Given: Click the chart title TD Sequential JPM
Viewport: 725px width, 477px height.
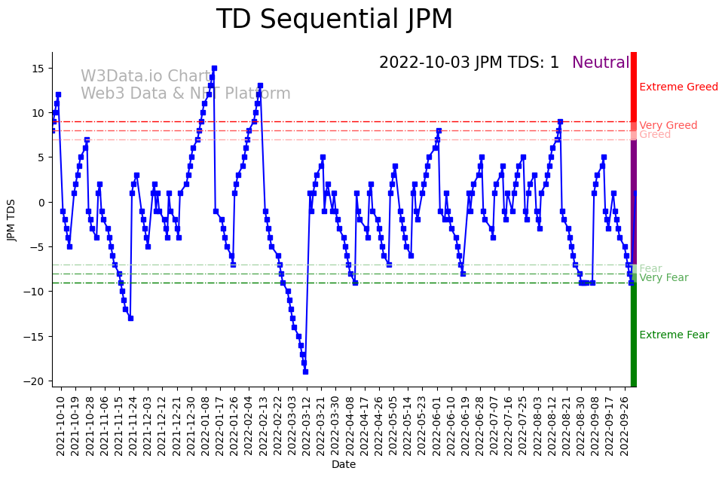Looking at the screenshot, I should pos(335,20).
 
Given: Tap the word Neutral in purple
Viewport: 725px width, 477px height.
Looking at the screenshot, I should pos(601,63).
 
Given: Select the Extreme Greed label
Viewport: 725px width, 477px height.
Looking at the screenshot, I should pos(678,87).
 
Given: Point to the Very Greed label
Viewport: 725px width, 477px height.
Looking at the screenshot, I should pos(668,126).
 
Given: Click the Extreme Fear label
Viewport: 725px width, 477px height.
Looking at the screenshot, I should pos(674,335).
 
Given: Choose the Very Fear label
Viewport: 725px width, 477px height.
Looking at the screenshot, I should pos(663,278).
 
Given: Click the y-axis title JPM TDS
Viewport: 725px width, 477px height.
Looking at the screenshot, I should pos(11,219).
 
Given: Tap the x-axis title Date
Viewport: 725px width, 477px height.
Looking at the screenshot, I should pos(343,465).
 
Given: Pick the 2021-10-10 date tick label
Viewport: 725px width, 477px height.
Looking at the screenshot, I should pos(61,425).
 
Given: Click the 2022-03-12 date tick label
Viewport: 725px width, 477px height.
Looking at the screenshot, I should pos(306,425).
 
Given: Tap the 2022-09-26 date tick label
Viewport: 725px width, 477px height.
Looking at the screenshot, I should pos(624,425).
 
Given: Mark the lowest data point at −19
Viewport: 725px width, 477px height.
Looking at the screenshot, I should pos(305,372).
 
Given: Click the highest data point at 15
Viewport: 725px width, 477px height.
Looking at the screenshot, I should pos(214,68).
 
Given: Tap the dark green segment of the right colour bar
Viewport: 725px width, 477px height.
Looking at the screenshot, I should pos(634,335).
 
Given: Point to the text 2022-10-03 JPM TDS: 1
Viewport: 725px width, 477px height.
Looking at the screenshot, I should pos(469,63).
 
